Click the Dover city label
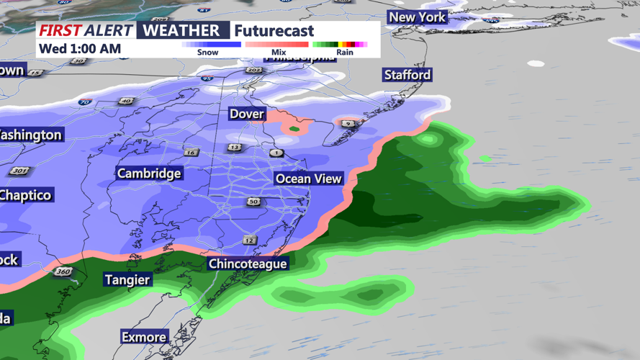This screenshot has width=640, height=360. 247,114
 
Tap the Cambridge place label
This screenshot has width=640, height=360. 149,174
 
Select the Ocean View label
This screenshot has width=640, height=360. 308,179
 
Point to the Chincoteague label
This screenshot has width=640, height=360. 248,264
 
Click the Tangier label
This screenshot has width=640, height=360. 127,279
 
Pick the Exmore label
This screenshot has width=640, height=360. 144,337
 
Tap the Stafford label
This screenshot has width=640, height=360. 407,75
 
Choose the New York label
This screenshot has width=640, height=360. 418,17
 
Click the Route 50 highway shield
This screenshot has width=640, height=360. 253,202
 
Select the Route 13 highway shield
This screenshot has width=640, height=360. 235,148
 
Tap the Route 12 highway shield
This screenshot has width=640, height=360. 249,240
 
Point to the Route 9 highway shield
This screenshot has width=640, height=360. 348,124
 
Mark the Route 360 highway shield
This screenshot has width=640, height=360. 62,271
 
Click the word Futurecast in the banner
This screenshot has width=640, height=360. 274,31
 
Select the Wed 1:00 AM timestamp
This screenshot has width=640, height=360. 80,49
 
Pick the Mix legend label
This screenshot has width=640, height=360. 278,53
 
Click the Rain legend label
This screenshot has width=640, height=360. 345,53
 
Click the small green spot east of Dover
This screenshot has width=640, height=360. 294,130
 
